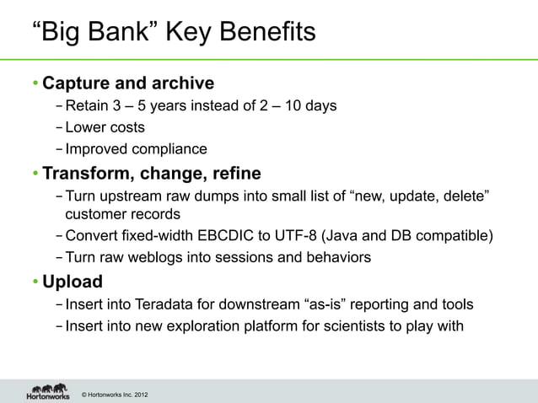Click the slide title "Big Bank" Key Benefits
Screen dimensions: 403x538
coord(174,33)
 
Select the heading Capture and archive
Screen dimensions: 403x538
coord(127,83)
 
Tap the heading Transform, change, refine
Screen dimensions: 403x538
coord(152,175)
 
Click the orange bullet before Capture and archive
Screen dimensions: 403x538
coord(36,84)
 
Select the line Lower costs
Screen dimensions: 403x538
coord(105,128)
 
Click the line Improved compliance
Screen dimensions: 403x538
coord(136,149)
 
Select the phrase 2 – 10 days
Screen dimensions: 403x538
coord(298,106)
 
